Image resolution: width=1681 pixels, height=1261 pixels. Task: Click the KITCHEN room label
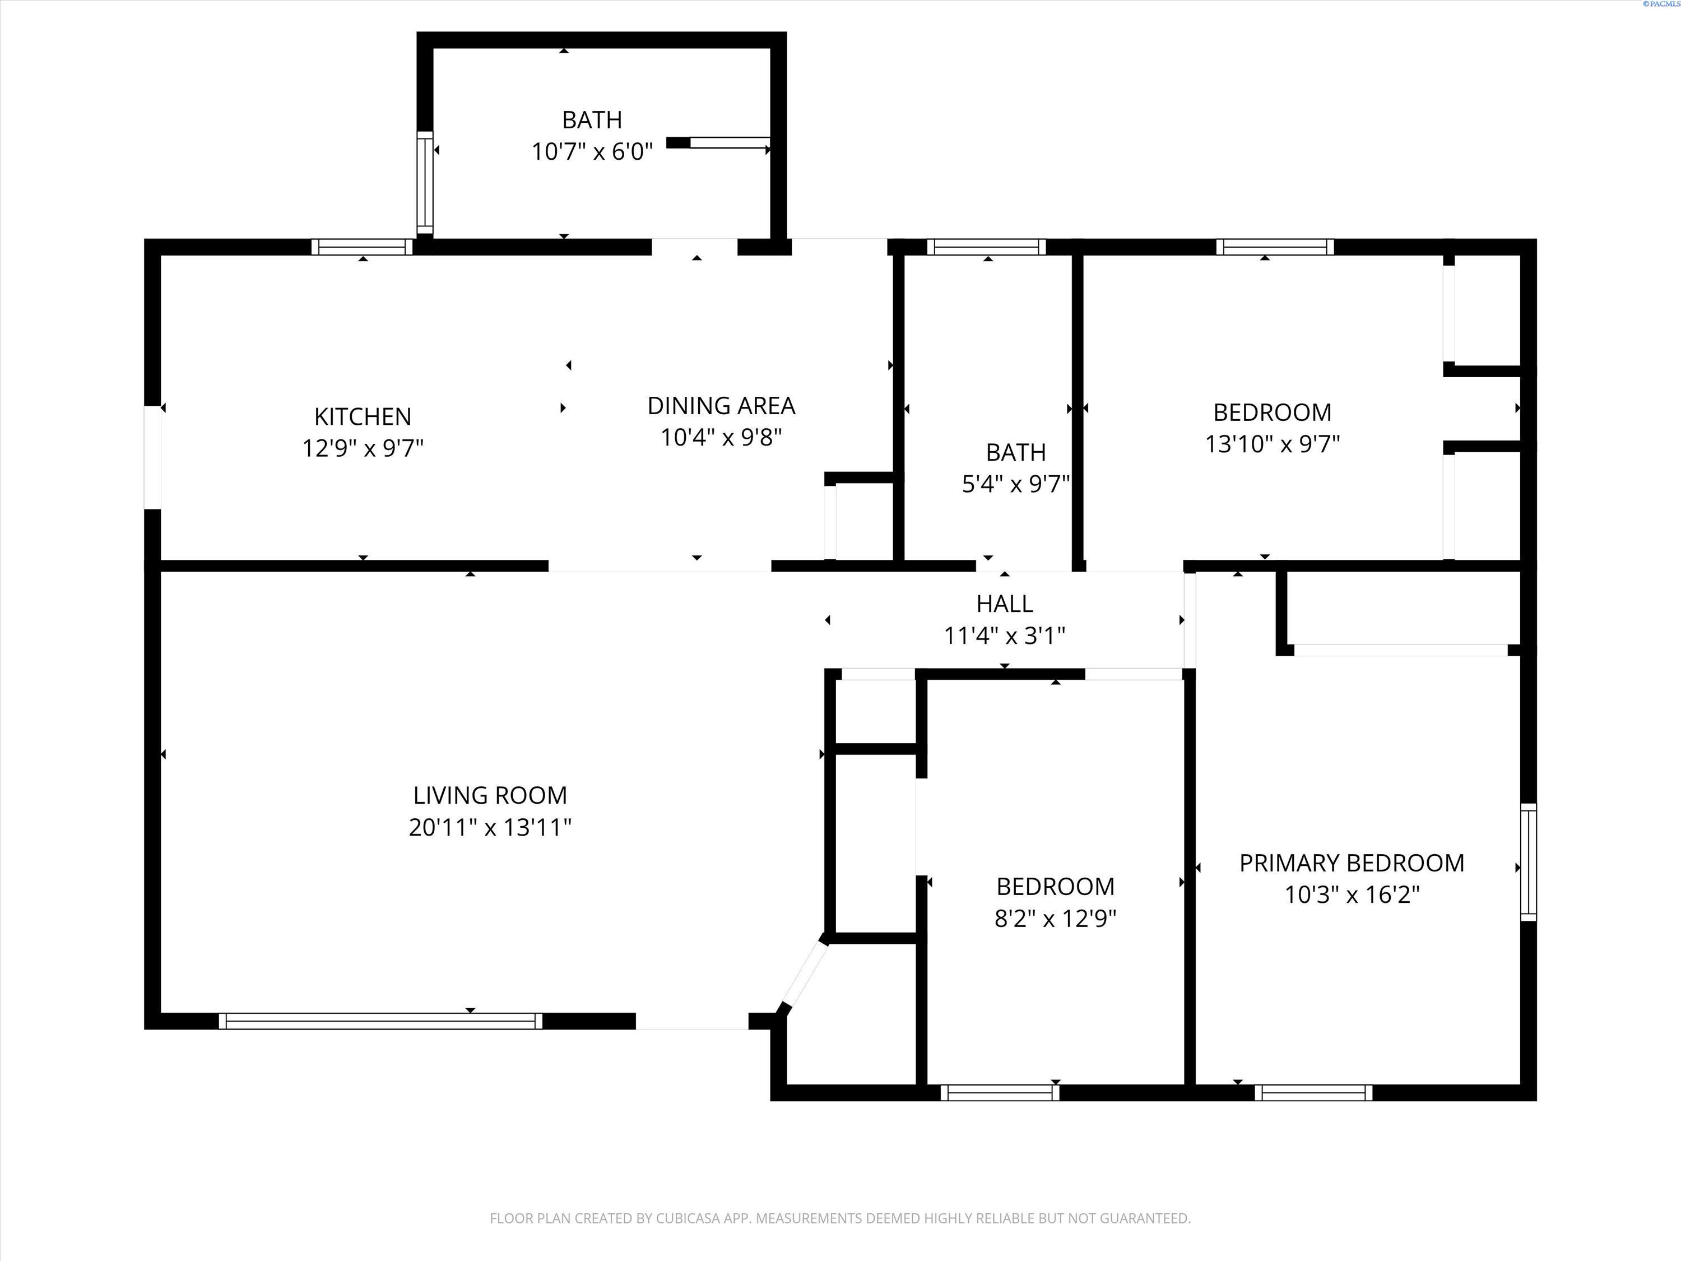[x=363, y=416]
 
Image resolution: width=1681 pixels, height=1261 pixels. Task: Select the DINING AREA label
[x=721, y=406]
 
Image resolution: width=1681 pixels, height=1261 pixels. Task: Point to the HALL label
[x=1004, y=604]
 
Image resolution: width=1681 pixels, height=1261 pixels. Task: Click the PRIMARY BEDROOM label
[x=1351, y=863]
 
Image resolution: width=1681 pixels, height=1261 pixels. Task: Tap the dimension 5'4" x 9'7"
[x=1015, y=484]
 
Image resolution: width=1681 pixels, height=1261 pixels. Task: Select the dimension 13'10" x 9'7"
[x=1271, y=444]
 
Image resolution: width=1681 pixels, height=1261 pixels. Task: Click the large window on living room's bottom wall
[x=380, y=1021]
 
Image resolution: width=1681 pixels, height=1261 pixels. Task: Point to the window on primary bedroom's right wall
[x=1527, y=862]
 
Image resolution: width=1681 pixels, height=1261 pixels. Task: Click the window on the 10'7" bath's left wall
[x=425, y=182]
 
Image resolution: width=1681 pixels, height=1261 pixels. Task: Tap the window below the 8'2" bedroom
[x=999, y=1092]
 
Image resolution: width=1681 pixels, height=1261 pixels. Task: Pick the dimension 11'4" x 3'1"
[x=1004, y=636]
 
